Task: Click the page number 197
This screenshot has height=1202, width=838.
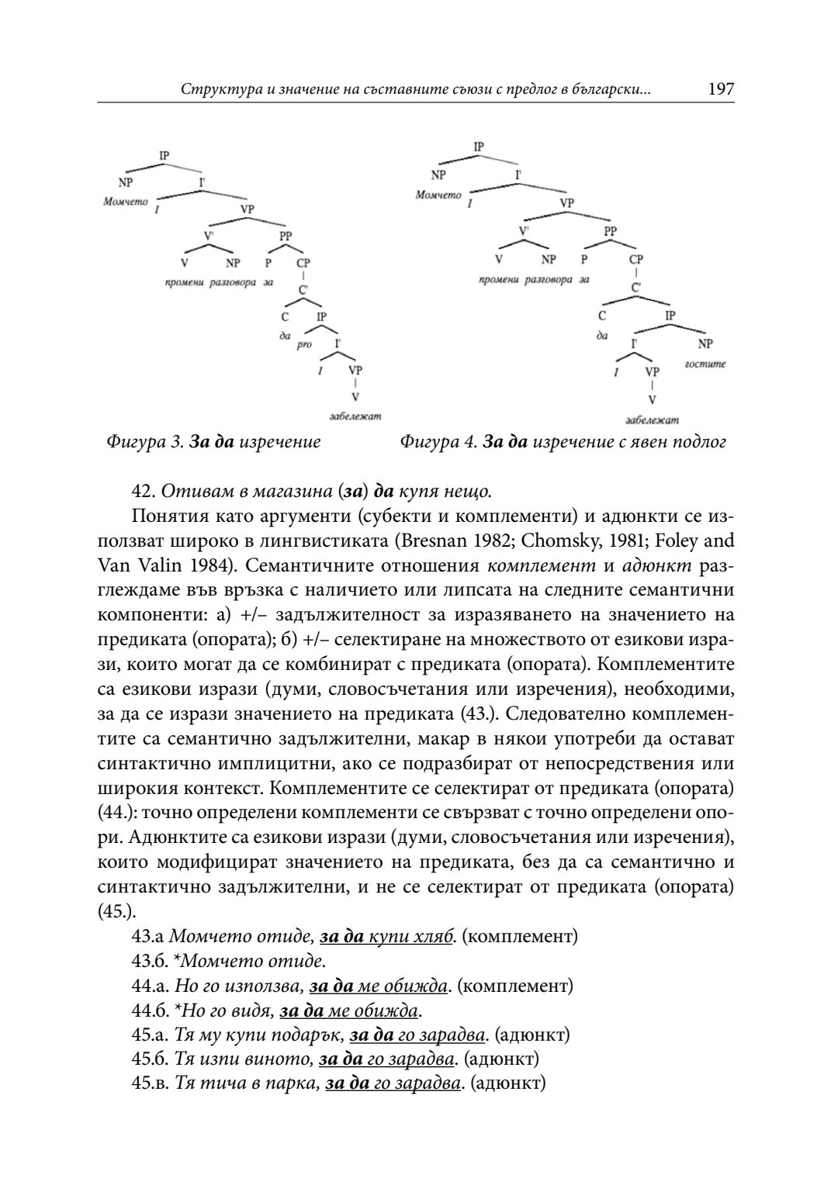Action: (721, 89)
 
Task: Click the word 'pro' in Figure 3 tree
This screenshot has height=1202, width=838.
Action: (303, 344)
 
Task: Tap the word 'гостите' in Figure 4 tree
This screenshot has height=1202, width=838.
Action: (705, 363)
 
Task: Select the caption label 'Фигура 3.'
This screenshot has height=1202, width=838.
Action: (144, 442)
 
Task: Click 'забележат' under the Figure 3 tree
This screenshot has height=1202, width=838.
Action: (355, 416)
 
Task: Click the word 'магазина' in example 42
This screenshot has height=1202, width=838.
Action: (292, 492)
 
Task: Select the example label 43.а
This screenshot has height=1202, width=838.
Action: (147, 936)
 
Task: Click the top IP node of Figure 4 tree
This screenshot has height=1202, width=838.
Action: (478, 146)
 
